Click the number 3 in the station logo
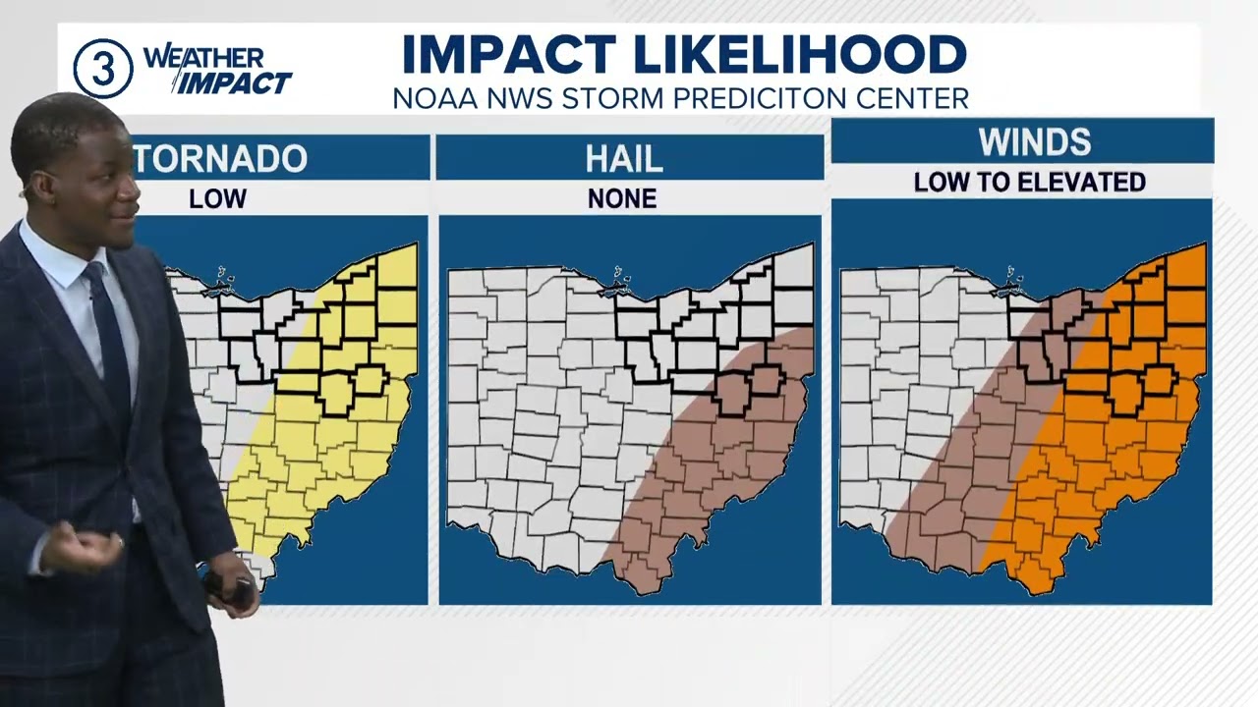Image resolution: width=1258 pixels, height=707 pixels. click(x=103, y=70)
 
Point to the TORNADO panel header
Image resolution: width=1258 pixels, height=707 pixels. click(x=221, y=158)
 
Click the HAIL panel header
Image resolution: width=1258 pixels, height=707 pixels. click(x=623, y=158)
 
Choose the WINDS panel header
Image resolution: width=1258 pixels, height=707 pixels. click(x=1034, y=142)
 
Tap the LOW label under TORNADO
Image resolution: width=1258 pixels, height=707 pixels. click(x=217, y=198)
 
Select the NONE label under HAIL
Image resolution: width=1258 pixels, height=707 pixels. click(x=621, y=198)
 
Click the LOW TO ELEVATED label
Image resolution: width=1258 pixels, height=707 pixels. click(x=1029, y=183)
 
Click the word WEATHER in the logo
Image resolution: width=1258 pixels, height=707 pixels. click(x=203, y=58)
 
